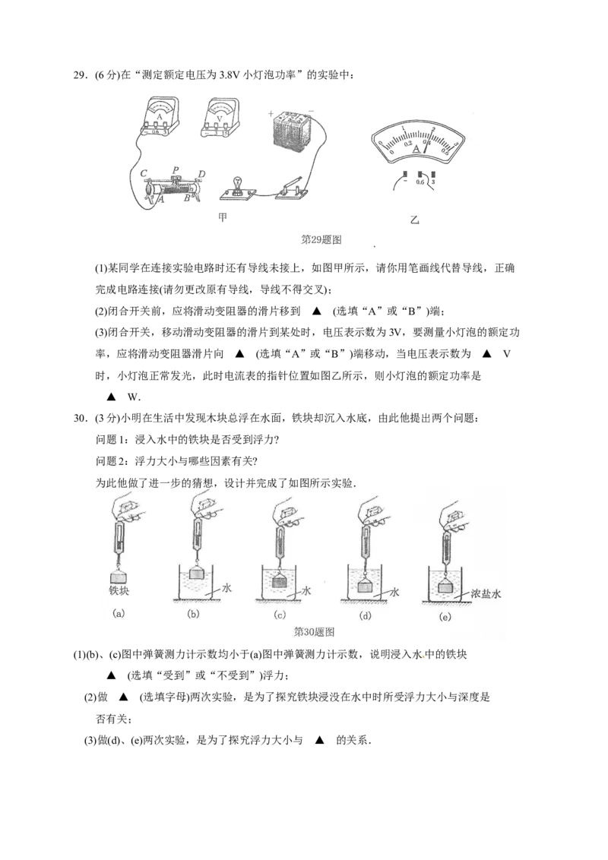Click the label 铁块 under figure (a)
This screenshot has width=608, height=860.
point(119,590)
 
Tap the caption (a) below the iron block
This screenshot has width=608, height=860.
point(119,613)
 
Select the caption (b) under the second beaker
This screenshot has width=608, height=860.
point(193,614)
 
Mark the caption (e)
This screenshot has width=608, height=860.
point(445,617)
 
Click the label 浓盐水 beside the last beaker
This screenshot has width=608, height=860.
point(486,594)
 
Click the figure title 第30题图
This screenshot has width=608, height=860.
point(314,631)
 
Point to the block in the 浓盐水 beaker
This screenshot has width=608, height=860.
point(445,586)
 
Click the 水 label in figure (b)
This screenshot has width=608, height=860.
point(226,587)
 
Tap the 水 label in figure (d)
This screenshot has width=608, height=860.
point(394,590)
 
